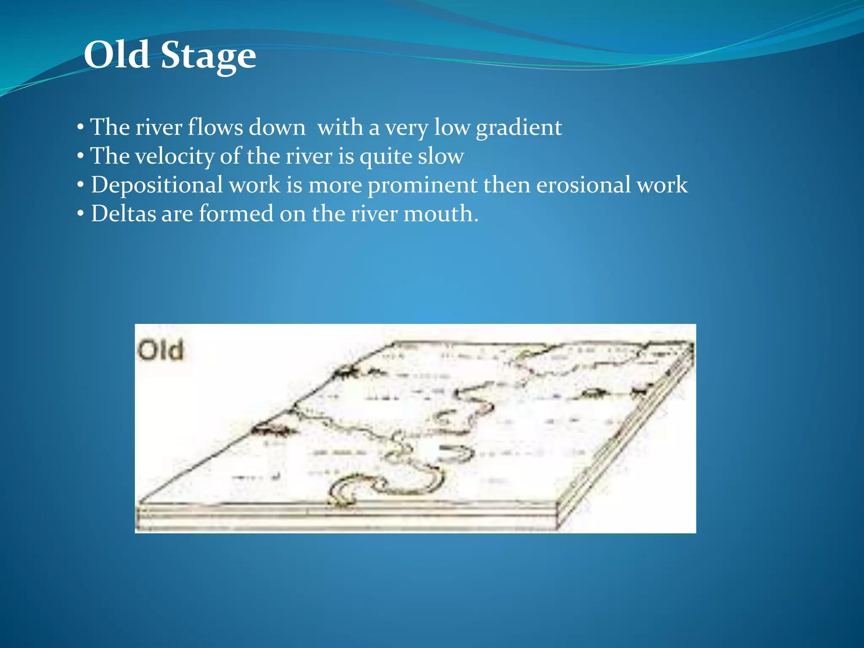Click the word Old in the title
tap(117, 55)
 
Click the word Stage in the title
tap(208, 57)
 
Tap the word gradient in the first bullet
tap(519, 127)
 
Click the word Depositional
tap(157, 185)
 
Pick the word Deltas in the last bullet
tap(124, 213)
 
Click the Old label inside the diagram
tap(161, 351)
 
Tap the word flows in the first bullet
tap(215, 127)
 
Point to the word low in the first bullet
tap(452, 127)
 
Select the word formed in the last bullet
tap(236, 213)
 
